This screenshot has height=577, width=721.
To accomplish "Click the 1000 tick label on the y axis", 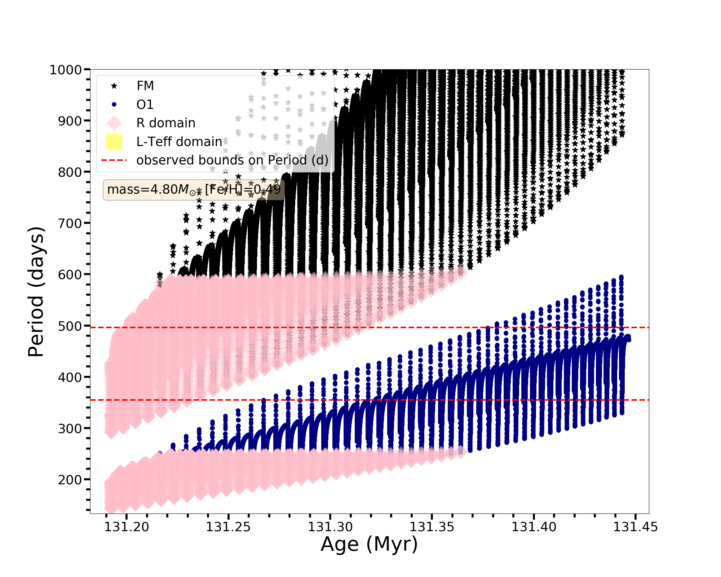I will tap(66, 70).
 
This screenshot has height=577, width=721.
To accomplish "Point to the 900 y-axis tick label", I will tap(70, 121).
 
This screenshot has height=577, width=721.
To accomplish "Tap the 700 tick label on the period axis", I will tap(70, 224).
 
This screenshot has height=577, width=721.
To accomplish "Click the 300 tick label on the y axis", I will tap(70, 429).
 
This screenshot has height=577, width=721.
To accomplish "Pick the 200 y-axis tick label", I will tap(70, 480).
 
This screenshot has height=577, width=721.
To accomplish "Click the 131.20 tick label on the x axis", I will tap(127, 527).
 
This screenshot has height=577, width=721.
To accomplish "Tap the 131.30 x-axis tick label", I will tap(330, 527).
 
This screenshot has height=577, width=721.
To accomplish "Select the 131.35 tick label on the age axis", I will tap(432, 527).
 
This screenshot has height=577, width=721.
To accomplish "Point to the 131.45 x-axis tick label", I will tap(636, 527).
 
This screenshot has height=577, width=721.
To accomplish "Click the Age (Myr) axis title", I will tap(369, 545).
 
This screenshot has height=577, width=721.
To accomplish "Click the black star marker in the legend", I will tap(114, 86).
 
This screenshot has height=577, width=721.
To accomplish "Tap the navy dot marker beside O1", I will tap(114, 105).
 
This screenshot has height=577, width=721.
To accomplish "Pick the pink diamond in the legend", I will tap(114, 123).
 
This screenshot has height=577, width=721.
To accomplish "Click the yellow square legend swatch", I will tap(114, 142).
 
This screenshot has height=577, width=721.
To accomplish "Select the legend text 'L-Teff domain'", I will tap(179, 142).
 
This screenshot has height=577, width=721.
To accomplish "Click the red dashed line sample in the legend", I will tap(114, 160).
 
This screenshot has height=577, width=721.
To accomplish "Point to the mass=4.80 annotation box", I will tap(194, 190).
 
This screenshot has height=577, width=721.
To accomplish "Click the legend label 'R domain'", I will tap(166, 123).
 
